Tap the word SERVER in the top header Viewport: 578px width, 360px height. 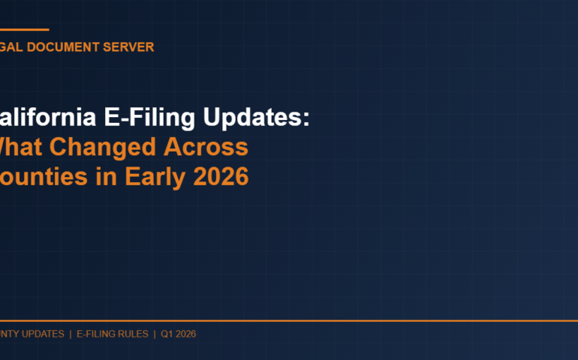130,47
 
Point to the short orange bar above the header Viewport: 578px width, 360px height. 24,30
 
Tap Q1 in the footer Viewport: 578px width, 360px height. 167,334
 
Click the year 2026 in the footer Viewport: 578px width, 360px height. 185,334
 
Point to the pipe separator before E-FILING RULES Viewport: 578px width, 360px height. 71,334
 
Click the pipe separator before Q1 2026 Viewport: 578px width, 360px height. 154,334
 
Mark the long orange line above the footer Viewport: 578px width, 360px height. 289,320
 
